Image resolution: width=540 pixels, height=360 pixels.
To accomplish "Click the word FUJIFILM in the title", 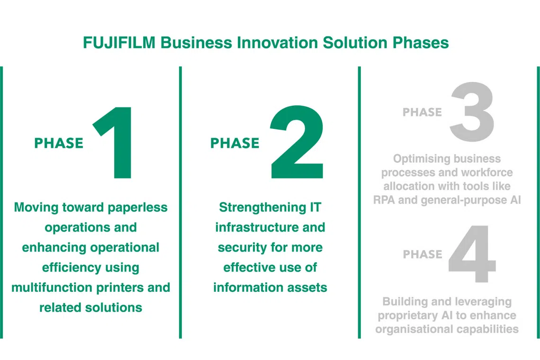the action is (x=119, y=43).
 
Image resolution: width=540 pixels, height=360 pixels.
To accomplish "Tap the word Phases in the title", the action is (x=421, y=43).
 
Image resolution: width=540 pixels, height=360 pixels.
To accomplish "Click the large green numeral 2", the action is (x=297, y=142).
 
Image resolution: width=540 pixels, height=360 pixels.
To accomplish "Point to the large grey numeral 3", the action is (x=472, y=112).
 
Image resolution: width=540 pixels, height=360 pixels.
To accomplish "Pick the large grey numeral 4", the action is (x=472, y=254).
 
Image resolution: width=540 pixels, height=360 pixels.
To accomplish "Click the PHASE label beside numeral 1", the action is (x=59, y=143).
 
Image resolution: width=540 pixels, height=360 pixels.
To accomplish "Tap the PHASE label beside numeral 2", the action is (x=235, y=143).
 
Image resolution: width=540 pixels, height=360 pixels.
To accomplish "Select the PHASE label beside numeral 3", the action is (x=422, y=112).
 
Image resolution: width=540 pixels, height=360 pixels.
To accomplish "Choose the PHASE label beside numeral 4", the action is (x=423, y=254).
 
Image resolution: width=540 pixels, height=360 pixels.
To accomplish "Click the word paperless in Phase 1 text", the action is (x=137, y=208).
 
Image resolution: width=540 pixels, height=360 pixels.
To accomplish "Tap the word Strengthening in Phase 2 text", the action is (x=261, y=208).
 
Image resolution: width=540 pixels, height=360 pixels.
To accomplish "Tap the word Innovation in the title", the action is (x=277, y=43).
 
